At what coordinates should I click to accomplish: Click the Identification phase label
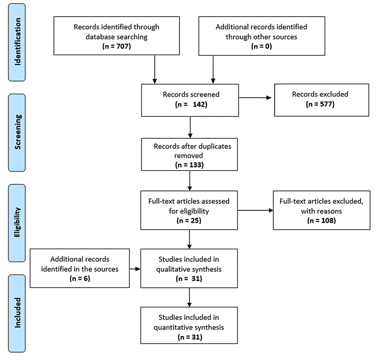pyautogui.click(x=19, y=42)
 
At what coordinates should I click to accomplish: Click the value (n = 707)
pyautogui.click(x=116, y=46)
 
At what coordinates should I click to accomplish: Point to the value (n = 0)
pyautogui.click(x=261, y=46)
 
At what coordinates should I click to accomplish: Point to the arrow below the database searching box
pyautogui.click(x=155, y=69)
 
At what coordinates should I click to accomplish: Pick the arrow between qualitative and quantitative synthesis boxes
pyautogui.click(x=191, y=297)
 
